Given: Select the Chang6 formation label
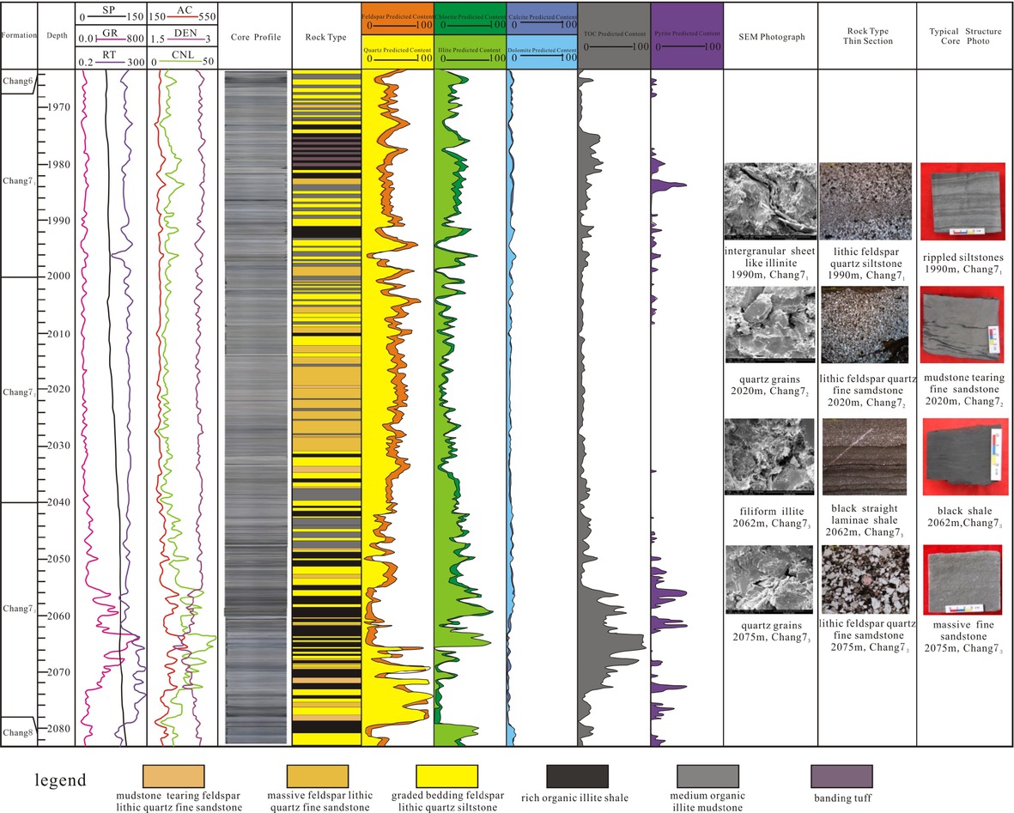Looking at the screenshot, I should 17,81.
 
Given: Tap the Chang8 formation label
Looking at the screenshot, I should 17,731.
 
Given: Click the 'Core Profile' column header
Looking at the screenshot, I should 255,37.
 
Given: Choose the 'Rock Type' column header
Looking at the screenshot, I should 325,37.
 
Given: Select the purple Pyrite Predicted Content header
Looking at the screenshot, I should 687,35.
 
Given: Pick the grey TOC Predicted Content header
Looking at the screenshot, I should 613,35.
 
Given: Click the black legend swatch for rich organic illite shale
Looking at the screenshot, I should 576,776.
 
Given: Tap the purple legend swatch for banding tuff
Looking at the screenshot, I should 841,776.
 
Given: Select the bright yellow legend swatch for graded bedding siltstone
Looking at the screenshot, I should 446,776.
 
